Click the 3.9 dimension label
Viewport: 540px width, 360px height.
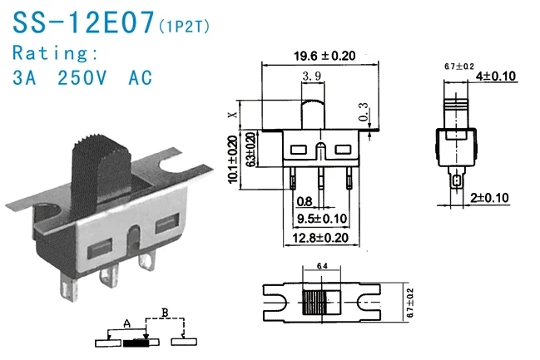(313, 76)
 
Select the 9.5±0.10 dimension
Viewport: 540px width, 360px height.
(322, 219)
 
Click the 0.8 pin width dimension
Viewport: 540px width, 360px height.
(305, 201)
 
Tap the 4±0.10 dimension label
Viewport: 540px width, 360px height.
(497, 76)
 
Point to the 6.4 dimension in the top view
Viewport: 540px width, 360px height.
(320, 267)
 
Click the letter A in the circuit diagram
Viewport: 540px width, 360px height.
(126, 322)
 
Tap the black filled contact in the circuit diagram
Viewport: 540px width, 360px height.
(136, 342)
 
